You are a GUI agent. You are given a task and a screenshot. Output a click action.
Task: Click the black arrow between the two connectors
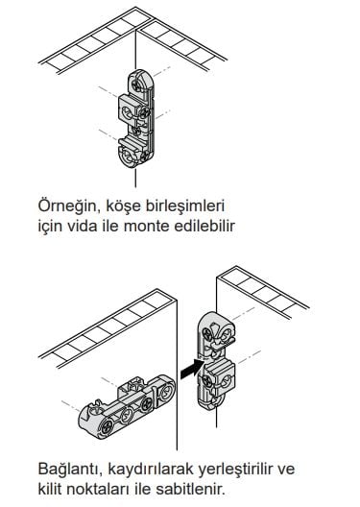(x=192, y=369)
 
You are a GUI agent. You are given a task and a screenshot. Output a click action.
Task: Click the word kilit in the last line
(x=49, y=489)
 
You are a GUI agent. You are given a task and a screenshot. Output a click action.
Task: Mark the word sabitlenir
(x=190, y=489)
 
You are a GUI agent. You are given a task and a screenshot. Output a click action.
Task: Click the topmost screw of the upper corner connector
(x=137, y=85)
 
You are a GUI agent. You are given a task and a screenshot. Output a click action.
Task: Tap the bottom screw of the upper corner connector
(x=145, y=157)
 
